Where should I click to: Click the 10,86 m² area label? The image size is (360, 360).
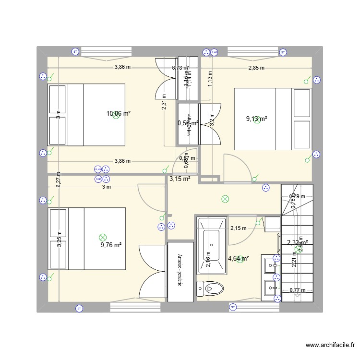pyautogui.click(x=119, y=114)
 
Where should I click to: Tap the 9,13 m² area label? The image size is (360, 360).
pyautogui.click(x=256, y=119)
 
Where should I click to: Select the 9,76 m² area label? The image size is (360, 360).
pyautogui.click(x=111, y=245)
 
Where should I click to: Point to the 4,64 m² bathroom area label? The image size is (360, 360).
pyautogui.click(x=239, y=259)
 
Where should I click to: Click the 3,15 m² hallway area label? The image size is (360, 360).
pyautogui.click(x=180, y=179)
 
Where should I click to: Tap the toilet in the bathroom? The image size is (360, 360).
pyautogui.click(x=211, y=288)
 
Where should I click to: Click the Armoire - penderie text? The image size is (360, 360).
pyautogui.click(x=180, y=271)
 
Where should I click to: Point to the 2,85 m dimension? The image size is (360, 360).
pyautogui.click(x=256, y=68)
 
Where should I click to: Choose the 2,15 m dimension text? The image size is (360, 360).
pyautogui.click(x=238, y=228)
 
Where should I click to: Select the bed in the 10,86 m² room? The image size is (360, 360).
pyautogui.click(x=86, y=115)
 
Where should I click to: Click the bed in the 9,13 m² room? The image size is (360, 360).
pyautogui.click(x=273, y=119)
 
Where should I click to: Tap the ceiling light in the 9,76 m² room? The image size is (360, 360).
pyautogui.click(x=102, y=237)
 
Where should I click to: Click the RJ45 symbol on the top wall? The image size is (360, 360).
pyautogui.click(x=214, y=52)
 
